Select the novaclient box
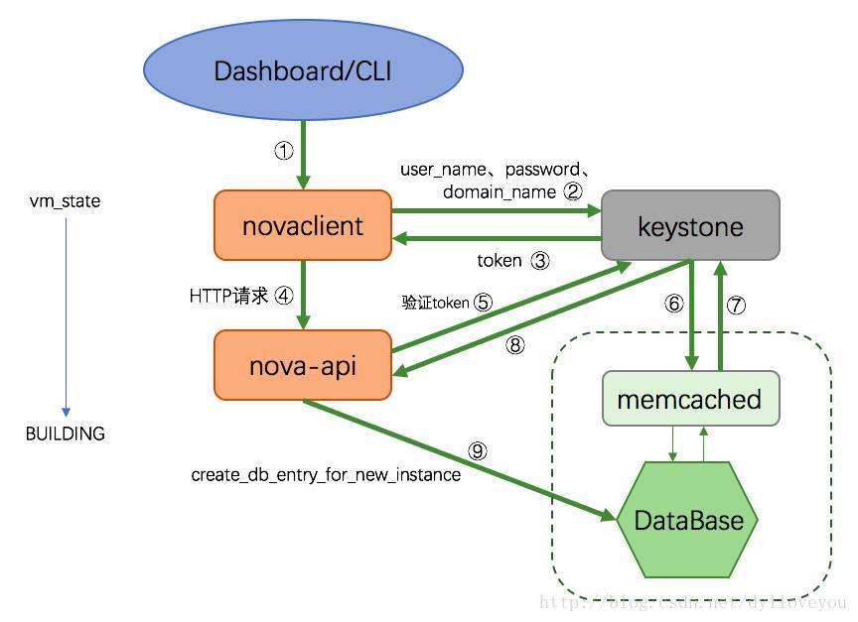[303, 226]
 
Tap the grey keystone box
[690, 226]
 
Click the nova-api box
[303, 366]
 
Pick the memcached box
[689, 400]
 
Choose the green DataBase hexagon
[688, 520]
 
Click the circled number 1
[284, 151]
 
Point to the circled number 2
[572, 191]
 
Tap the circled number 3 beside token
[539, 261]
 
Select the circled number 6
[673, 305]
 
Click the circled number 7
[736, 305]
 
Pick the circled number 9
[478, 451]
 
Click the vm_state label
[66, 201]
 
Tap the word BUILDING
[66, 434]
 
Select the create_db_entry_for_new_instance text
[326, 475]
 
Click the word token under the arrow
[499, 261]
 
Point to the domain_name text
[499, 191]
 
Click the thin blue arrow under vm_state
[66, 317]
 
